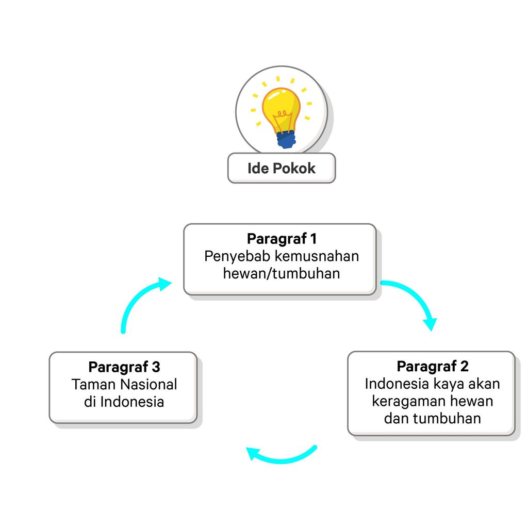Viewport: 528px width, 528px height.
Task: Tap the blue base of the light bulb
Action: pyautogui.click(x=286, y=139)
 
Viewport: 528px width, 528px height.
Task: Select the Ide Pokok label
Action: pyautogui.click(x=281, y=168)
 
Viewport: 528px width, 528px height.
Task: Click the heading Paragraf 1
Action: pyautogui.click(x=281, y=239)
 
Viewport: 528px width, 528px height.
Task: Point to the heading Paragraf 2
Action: pyautogui.click(x=432, y=366)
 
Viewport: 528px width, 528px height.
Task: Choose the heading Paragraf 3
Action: pyautogui.click(x=124, y=367)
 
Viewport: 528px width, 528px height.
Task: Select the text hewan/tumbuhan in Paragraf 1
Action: pyautogui.click(x=281, y=273)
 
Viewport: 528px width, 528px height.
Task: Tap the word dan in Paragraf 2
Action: pyautogui.click(x=395, y=418)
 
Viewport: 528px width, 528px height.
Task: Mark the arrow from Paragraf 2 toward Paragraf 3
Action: pyautogui.click(x=281, y=456)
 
